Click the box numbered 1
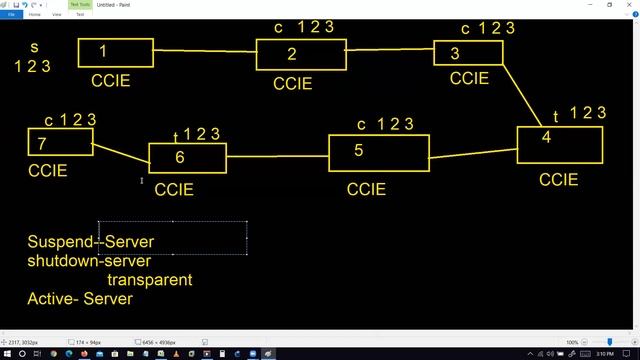pyautogui.click(x=116, y=53)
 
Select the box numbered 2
pyautogui.click(x=301, y=55)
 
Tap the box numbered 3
pyautogui.click(x=468, y=53)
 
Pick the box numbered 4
pyautogui.click(x=559, y=144)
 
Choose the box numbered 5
pyautogui.click(x=378, y=153)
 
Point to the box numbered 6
pyautogui.click(x=187, y=158)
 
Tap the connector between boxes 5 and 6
pyautogui.click(x=277, y=157)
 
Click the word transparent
pyautogui.click(x=149, y=280)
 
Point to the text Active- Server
pyautogui.click(x=80, y=299)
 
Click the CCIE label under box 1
pyautogui.click(x=110, y=81)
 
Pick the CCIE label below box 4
pyautogui.click(x=558, y=180)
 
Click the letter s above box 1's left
pyautogui.click(x=33, y=47)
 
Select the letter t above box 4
pyautogui.click(x=555, y=118)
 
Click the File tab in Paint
pyautogui.click(x=11, y=15)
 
